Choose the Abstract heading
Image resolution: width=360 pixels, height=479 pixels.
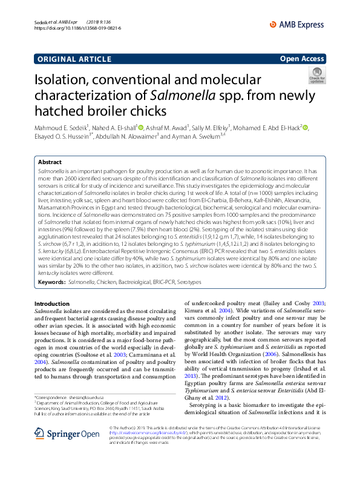tap(50, 163)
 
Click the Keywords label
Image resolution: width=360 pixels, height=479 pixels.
tap(51, 283)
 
